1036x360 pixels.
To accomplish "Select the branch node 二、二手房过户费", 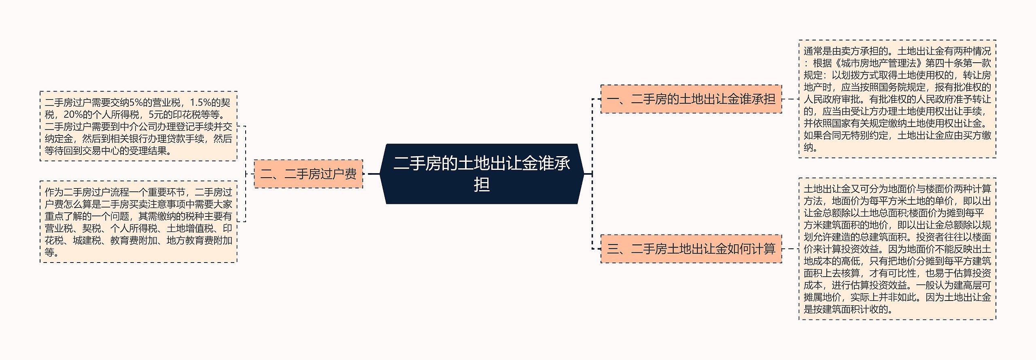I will pyautogui.click(x=308, y=174).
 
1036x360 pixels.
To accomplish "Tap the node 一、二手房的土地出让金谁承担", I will pyautogui.click(x=691, y=99).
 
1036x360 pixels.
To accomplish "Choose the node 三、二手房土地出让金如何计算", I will pyautogui.click(x=691, y=249).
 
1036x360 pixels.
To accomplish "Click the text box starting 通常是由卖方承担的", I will pyautogui.click(x=897, y=99).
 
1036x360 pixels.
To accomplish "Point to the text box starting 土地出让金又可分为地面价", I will pyautogui.click(x=897, y=249).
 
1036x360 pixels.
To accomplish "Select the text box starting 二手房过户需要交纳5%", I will pyautogui.click(x=138, y=126).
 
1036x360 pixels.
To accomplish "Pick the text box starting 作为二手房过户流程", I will pyautogui.click(x=138, y=222).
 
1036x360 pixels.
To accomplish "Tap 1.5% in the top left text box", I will pyautogui.click(x=200, y=103).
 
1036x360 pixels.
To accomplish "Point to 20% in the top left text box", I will pyautogui.click(x=73, y=115).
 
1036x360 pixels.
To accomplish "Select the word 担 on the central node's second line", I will pyautogui.click(x=482, y=185).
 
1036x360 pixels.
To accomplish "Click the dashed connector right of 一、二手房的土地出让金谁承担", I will pyautogui.click(x=790, y=99).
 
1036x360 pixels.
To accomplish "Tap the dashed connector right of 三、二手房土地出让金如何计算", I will pyautogui.click(x=790, y=249).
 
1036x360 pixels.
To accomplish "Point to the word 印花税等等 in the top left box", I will pyautogui.click(x=197, y=115).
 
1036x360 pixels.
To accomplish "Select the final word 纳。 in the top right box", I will pyautogui.click(x=810, y=148).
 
